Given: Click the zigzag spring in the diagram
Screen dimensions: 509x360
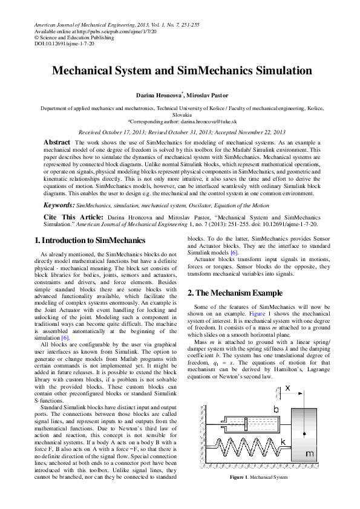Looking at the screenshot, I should [245, 451].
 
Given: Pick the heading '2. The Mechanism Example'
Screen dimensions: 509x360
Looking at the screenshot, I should [235, 293].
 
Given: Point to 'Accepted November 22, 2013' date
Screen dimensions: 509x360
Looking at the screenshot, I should [250, 132].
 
